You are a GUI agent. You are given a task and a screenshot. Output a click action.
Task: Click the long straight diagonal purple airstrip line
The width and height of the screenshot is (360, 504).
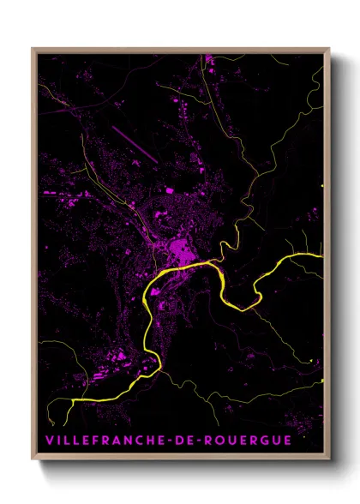[133, 141]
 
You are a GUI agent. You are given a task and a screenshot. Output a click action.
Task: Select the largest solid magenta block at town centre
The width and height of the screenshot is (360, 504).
[182, 253]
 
